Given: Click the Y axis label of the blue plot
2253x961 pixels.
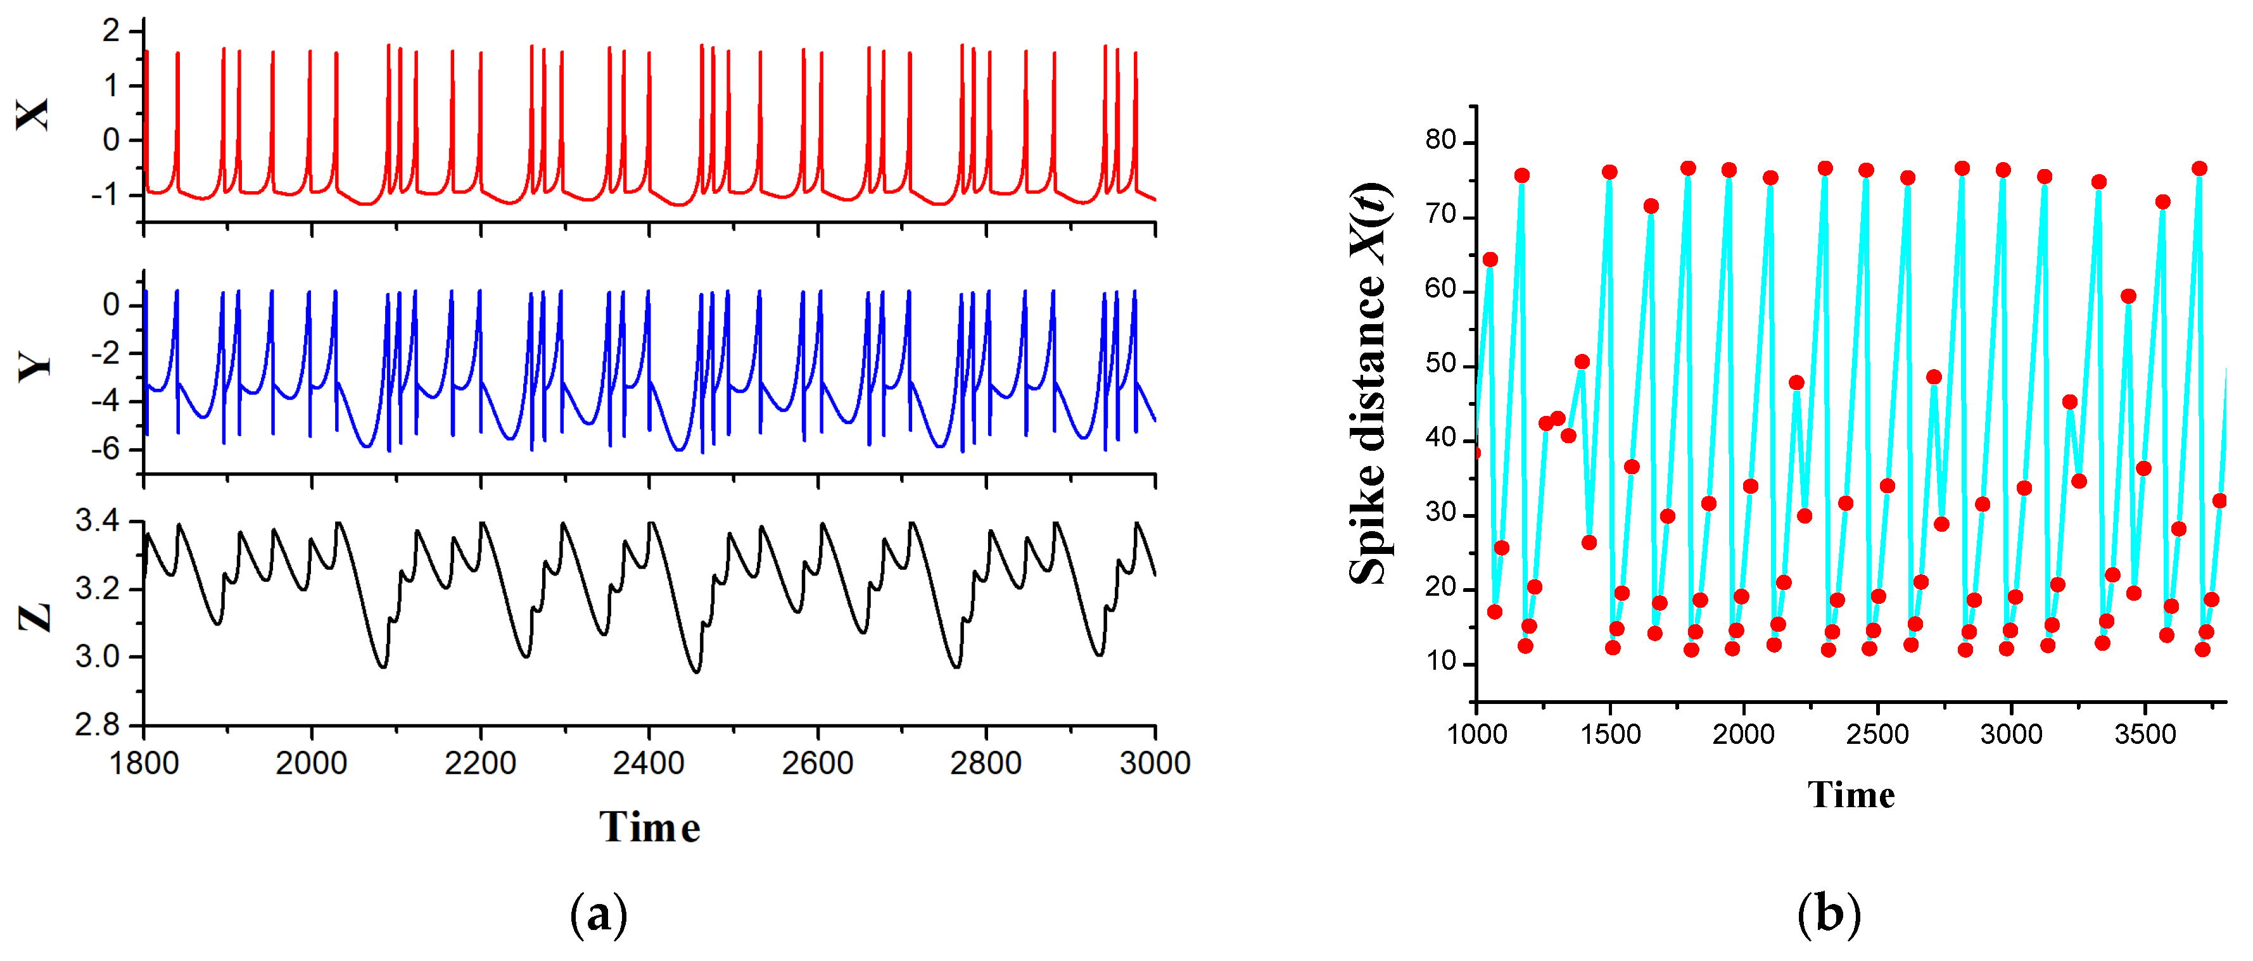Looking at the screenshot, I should [x=35, y=367].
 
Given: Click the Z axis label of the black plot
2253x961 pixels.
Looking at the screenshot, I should [x=35, y=617].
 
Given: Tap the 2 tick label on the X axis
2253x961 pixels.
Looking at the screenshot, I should [x=110, y=32].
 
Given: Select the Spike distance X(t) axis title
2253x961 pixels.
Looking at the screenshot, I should [x=1369, y=385].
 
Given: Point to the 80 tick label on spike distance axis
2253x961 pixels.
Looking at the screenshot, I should [x=1440, y=140].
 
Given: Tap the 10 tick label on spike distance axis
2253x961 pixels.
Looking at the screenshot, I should [x=1440, y=662].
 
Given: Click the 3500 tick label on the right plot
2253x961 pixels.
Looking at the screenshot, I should [x=2145, y=734].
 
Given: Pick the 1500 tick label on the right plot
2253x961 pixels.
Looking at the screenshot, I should [x=1610, y=734].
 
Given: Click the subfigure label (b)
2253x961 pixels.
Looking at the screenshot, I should [x=1828, y=915].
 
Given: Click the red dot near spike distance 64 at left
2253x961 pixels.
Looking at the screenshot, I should [x=1490, y=260].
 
